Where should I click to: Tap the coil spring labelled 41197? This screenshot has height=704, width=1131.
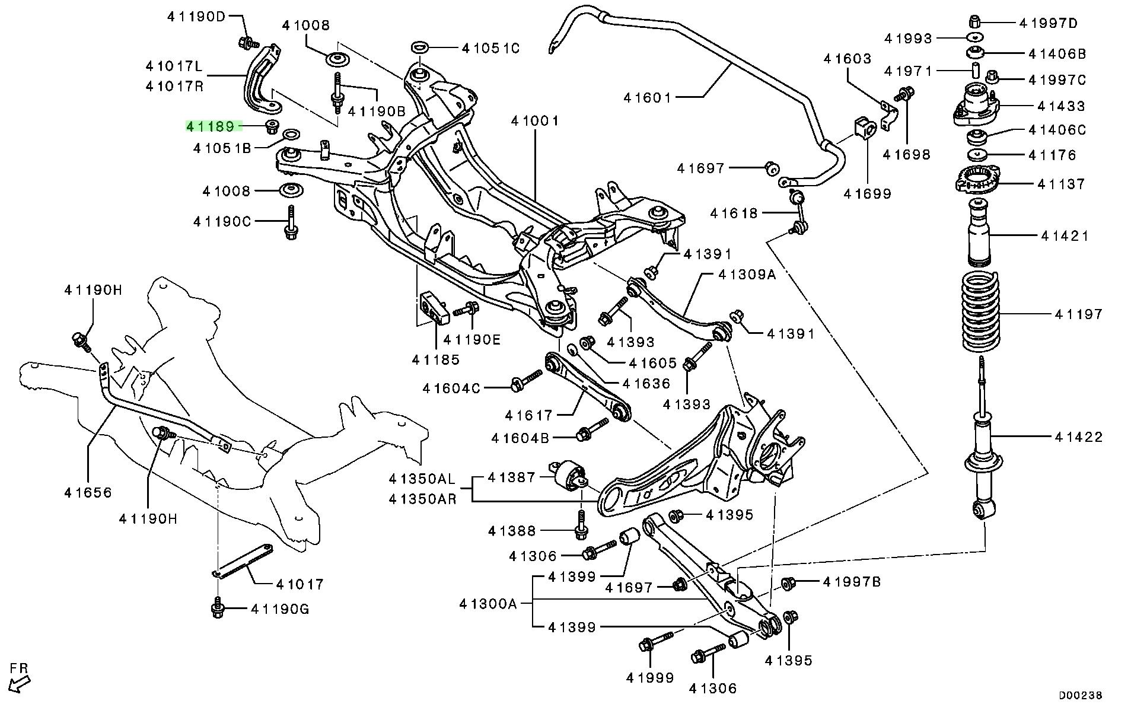click(980, 313)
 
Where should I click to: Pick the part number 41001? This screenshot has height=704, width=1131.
click(535, 121)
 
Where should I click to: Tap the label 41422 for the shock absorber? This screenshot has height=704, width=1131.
click(1079, 437)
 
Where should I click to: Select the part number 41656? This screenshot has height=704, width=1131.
click(88, 492)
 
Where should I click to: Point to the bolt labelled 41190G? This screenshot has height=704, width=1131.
click(218, 609)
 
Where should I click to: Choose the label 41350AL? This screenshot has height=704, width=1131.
click(422, 478)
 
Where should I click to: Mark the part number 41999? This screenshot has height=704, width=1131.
click(650, 677)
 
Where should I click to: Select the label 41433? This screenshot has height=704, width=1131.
click(1061, 106)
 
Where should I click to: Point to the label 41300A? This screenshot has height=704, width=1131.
click(488, 604)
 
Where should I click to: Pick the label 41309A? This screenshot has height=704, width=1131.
click(747, 275)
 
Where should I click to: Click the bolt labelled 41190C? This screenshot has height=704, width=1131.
click(291, 223)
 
